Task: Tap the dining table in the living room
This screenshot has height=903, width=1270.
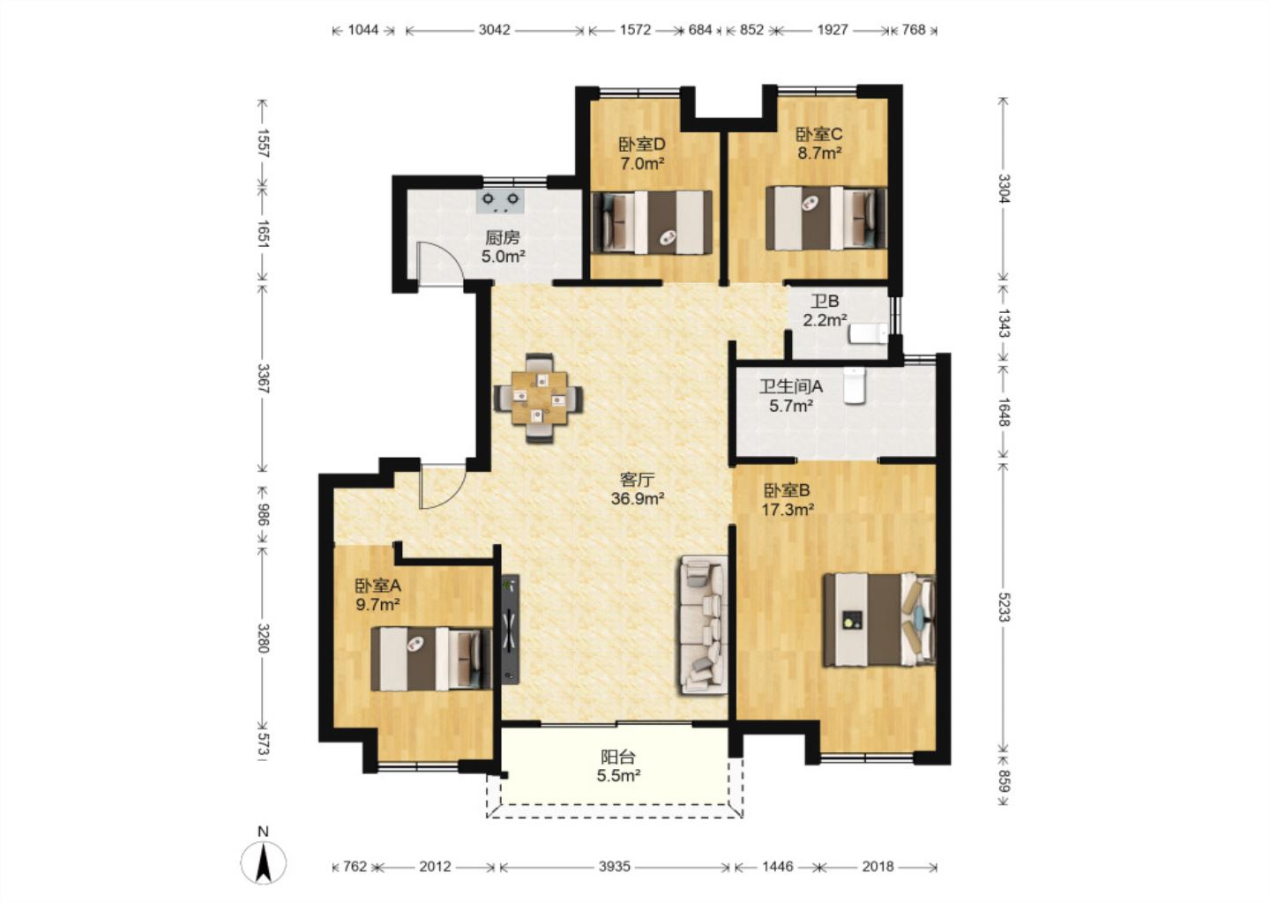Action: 539,398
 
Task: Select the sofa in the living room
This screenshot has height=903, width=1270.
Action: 701,624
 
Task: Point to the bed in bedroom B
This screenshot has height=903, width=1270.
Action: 879,620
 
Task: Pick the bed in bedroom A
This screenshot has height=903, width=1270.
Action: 431,659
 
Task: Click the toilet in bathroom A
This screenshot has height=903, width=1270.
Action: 854,385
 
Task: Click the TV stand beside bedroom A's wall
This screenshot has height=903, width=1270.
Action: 511,630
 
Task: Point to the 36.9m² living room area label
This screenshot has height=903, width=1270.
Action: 638,499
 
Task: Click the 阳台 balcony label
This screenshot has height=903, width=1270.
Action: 618,757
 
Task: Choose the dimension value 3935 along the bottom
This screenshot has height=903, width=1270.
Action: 615,867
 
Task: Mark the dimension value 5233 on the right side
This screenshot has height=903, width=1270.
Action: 1004,608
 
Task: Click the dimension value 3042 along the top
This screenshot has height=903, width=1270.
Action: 495,29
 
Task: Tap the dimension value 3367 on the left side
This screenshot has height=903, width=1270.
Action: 263,378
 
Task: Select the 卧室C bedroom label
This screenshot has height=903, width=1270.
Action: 819,134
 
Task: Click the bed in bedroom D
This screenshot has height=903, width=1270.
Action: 652,221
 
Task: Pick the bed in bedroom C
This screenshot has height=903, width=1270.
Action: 826,218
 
